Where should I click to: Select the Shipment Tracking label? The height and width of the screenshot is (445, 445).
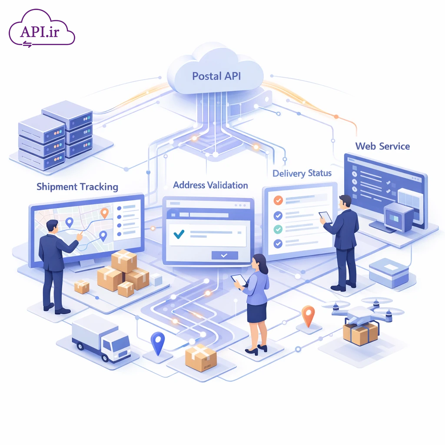click(77, 187)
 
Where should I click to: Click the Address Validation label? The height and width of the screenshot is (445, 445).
click(210, 185)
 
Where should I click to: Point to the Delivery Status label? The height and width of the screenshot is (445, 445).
click(302, 173)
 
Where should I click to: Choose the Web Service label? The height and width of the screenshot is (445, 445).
click(382, 146)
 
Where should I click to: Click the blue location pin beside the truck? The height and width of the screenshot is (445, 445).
click(157, 342)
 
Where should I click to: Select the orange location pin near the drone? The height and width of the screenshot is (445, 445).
click(308, 315)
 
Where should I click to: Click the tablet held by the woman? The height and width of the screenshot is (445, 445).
click(239, 280)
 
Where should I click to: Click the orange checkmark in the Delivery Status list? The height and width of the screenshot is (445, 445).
click(278, 201)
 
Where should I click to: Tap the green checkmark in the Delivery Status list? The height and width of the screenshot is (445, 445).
click(278, 229)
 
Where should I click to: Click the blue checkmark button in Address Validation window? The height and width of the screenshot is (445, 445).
click(225, 256)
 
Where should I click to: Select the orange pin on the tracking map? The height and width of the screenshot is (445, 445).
click(104, 213)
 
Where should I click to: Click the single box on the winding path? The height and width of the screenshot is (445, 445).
click(200, 357)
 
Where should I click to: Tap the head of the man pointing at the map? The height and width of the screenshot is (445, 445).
click(52, 226)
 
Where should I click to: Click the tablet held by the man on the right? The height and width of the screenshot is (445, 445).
click(325, 217)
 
